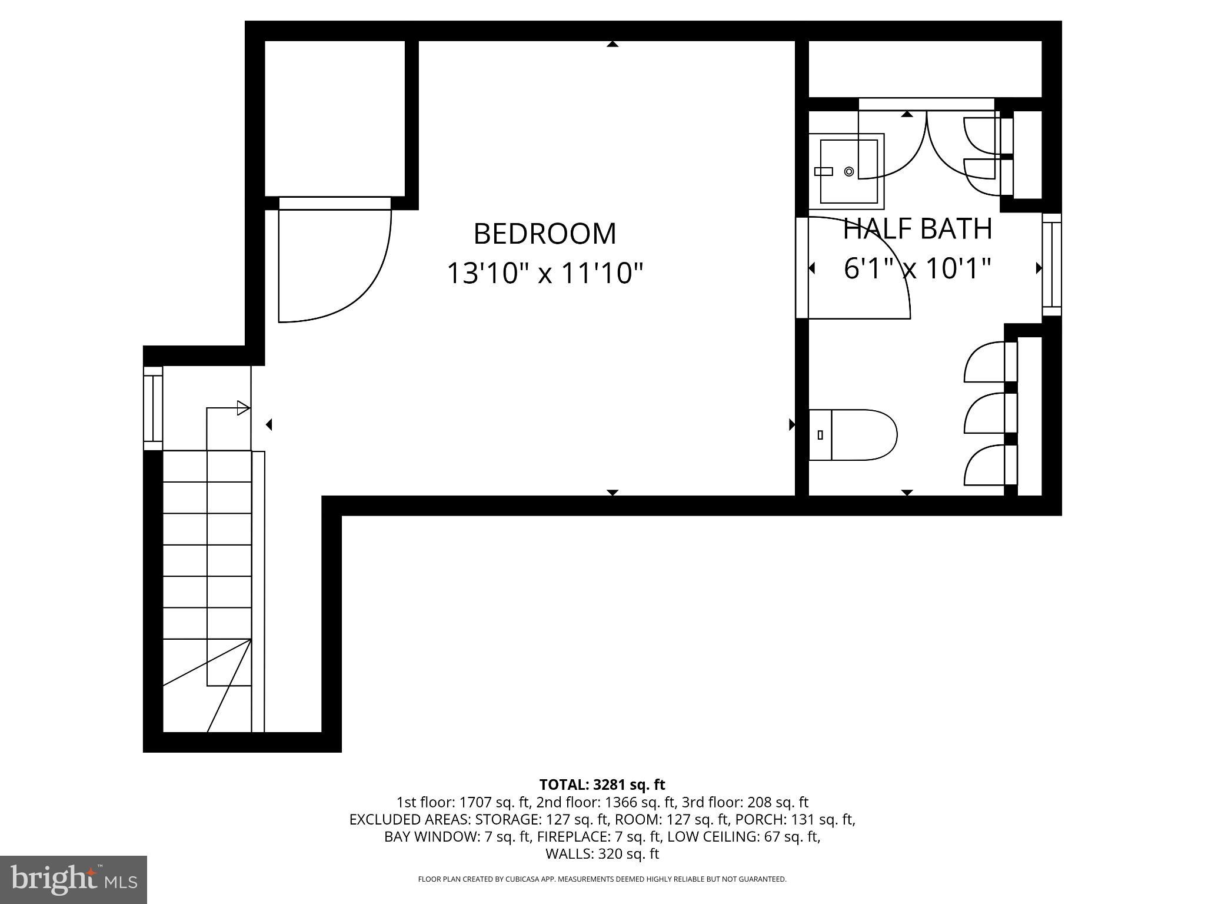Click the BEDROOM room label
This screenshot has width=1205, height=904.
pos(545,234)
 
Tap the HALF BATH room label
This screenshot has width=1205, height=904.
pos(917,229)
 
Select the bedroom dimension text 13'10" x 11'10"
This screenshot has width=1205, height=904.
pos(545,273)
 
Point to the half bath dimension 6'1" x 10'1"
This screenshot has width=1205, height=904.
pos(917,269)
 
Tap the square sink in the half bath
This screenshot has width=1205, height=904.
pos(847,171)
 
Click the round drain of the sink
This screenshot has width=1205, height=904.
pos(848,171)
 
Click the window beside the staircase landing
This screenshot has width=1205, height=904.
pos(153,408)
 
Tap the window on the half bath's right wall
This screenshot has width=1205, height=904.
pos(1051,264)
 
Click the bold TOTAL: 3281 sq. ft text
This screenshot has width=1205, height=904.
pos(602,785)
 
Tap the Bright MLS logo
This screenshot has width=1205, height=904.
pos(74,879)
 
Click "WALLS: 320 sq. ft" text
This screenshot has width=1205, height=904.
pos(602,854)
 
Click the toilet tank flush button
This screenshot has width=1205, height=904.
pos(820,435)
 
